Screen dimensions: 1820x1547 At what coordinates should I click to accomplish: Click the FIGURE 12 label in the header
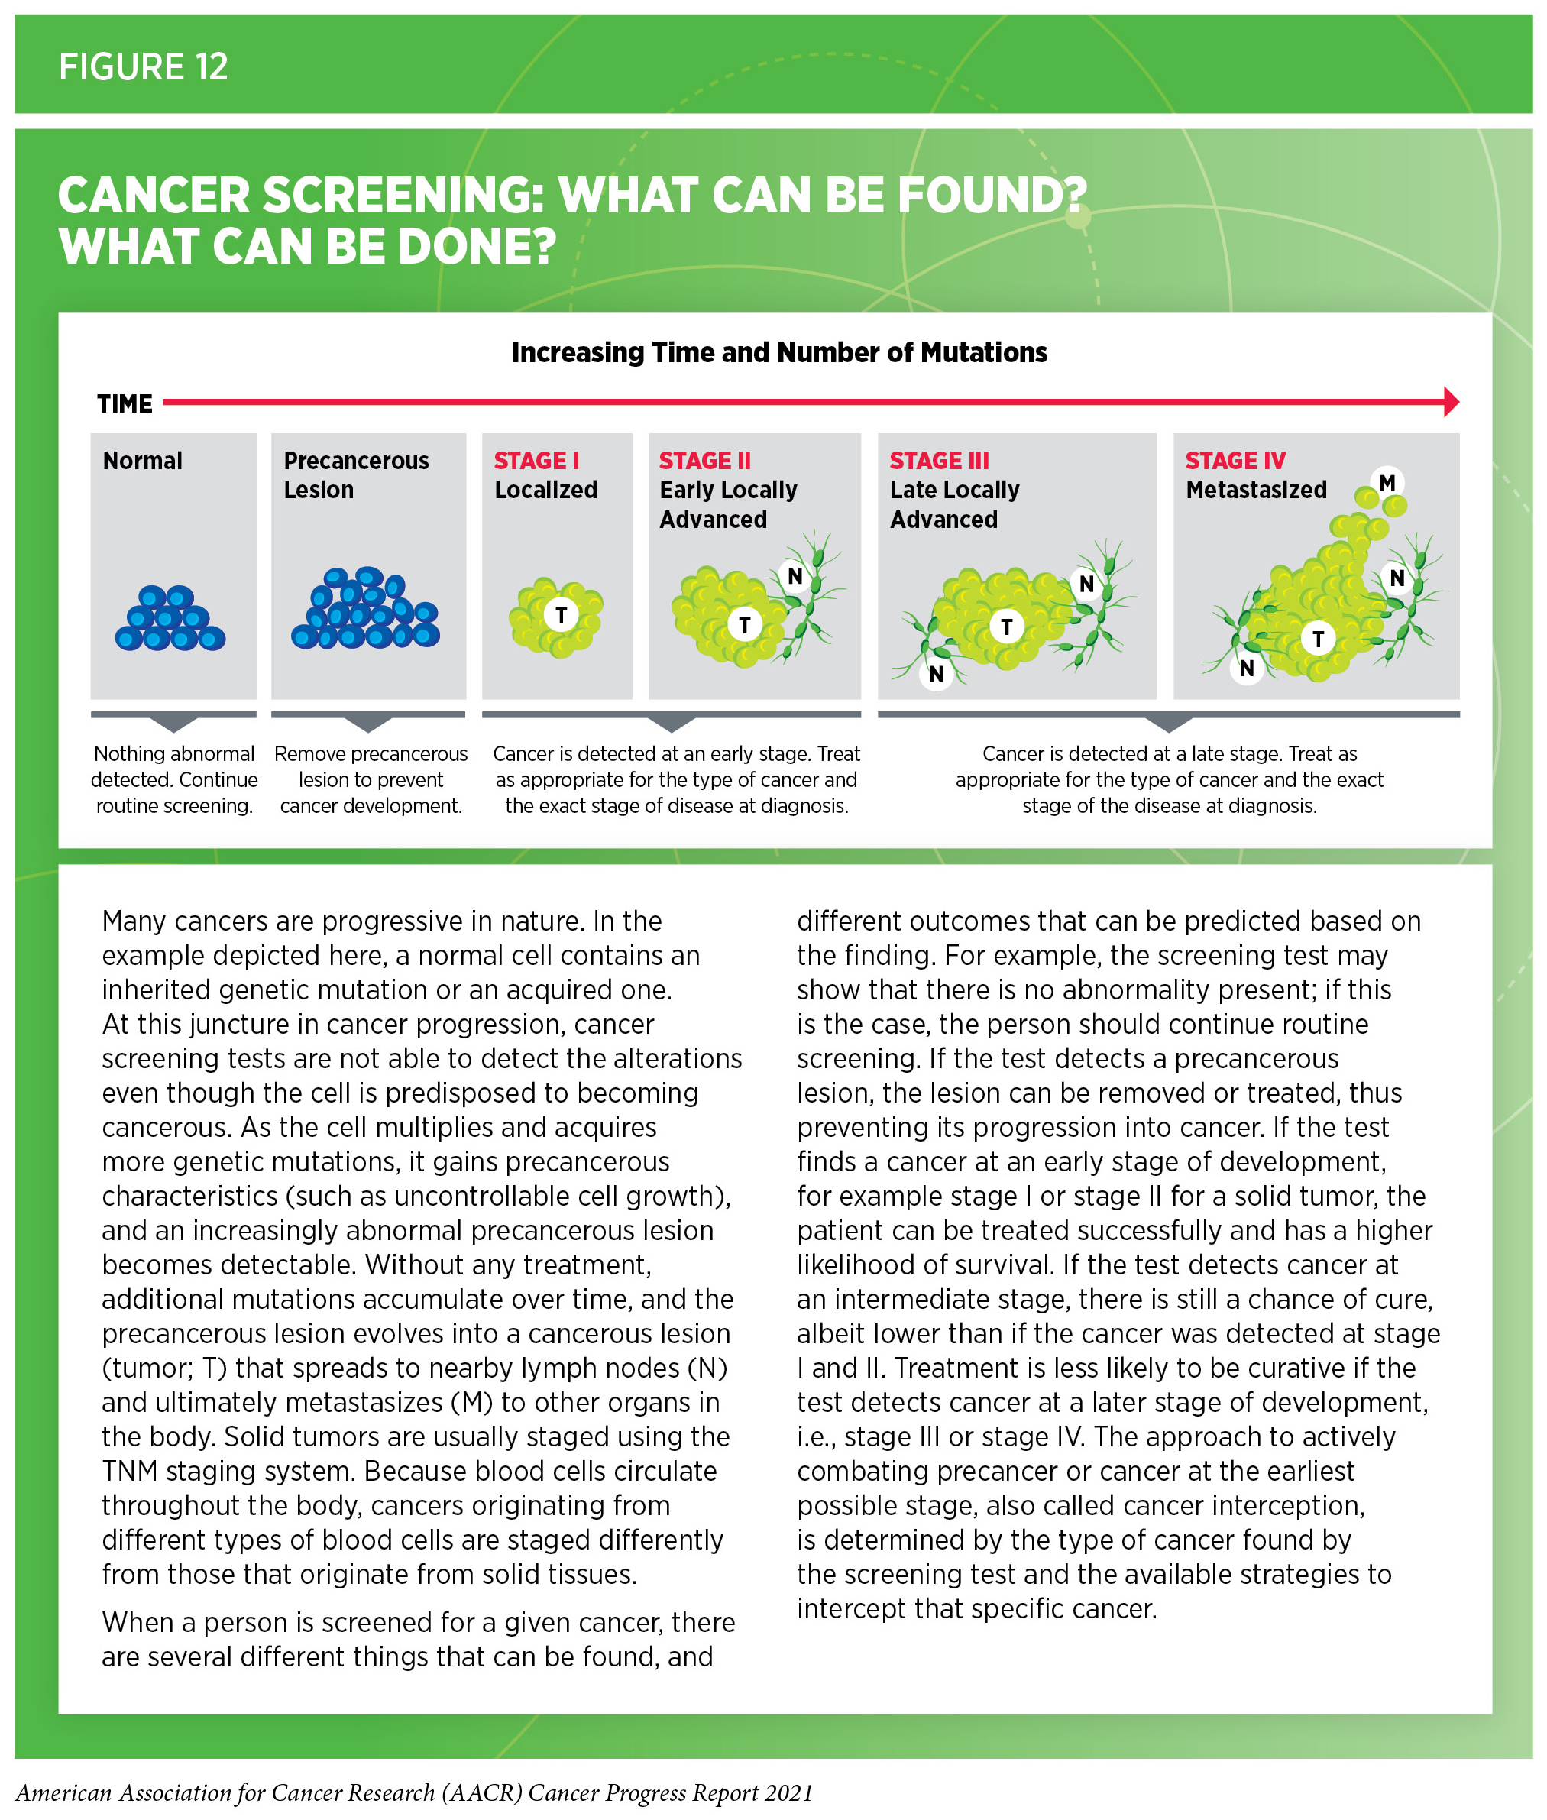[x=143, y=66]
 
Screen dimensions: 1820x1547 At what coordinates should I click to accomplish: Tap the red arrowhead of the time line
[x=1452, y=403]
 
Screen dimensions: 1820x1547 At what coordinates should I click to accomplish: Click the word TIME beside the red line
[x=125, y=403]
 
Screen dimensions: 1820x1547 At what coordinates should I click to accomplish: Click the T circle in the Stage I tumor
[x=562, y=615]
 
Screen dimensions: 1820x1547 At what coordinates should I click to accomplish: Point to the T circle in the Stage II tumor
[x=745, y=625]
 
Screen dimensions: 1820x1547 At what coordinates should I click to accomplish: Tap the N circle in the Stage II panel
[x=795, y=576]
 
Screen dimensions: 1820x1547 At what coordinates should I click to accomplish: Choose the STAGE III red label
[x=939, y=461]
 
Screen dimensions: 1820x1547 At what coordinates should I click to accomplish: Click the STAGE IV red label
[x=1235, y=461]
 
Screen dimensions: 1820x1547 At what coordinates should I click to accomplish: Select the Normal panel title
[x=143, y=461]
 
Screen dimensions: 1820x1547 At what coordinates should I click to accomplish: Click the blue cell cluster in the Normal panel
[x=170, y=618]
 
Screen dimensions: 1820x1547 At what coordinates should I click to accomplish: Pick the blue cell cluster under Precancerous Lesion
[x=366, y=609]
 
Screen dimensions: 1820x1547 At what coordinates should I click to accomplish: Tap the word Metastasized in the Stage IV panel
[x=1256, y=490]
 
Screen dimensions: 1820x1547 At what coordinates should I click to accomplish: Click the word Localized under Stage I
[x=545, y=490]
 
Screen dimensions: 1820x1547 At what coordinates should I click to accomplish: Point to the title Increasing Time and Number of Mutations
[x=778, y=352]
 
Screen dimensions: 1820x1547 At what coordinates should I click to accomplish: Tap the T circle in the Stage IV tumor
[x=1317, y=639]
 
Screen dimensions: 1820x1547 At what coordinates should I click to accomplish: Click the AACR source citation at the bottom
[x=414, y=1792]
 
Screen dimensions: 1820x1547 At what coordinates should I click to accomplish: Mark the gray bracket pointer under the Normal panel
[x=173, y=722]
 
